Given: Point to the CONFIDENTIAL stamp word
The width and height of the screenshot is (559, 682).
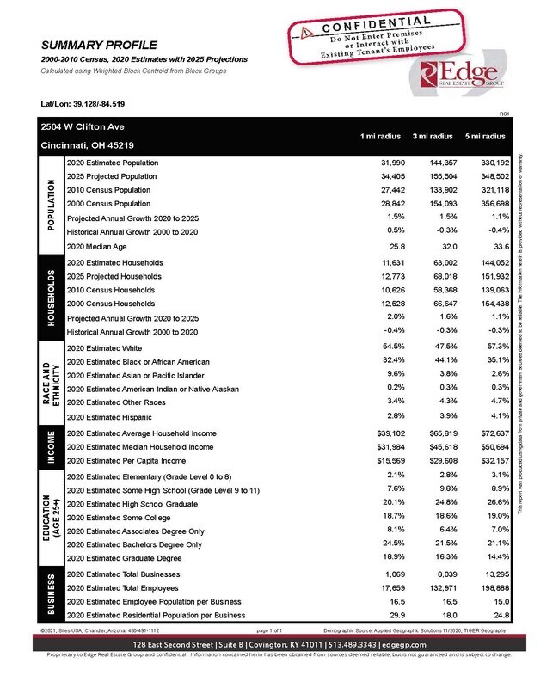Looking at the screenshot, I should tap(370, 23).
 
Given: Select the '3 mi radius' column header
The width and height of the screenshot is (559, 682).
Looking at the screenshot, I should tap(433, 136).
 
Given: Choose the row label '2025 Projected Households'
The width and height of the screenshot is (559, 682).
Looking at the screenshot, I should tap(114, 276).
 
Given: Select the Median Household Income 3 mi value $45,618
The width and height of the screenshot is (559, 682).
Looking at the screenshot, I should tap(433, 447).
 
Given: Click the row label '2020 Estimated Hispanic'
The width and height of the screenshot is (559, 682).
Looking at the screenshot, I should tap(106, 415).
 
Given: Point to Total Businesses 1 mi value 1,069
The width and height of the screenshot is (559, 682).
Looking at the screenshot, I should tap(389, 573).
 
